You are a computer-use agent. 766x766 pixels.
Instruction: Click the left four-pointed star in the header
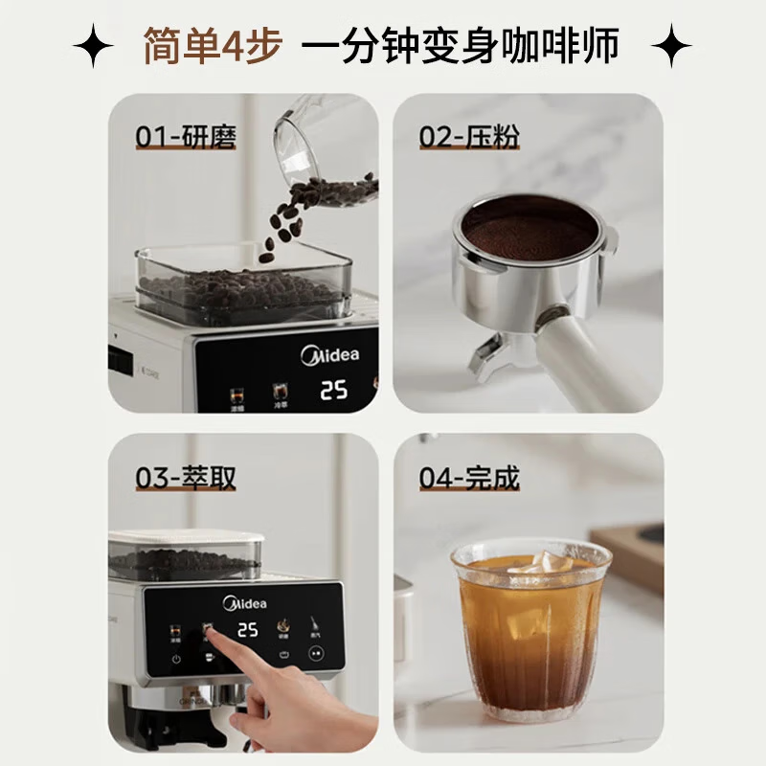point(93,46)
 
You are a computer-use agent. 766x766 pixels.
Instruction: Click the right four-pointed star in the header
point(672,46)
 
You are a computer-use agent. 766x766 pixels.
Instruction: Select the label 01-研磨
point(186,138)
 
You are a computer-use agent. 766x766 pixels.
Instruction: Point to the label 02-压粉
point(469,138)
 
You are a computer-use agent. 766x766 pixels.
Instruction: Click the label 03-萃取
point(186,478)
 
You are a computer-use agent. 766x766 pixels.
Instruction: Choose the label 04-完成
point(469,478)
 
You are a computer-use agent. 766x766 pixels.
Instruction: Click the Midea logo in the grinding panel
point(330,356)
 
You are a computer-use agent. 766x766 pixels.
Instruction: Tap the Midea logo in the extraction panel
point(245,604)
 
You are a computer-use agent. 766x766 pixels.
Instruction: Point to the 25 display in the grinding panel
point(332,391)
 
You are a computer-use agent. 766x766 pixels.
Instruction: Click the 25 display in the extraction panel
point(247,630)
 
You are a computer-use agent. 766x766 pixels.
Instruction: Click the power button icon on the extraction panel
point(177,660)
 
